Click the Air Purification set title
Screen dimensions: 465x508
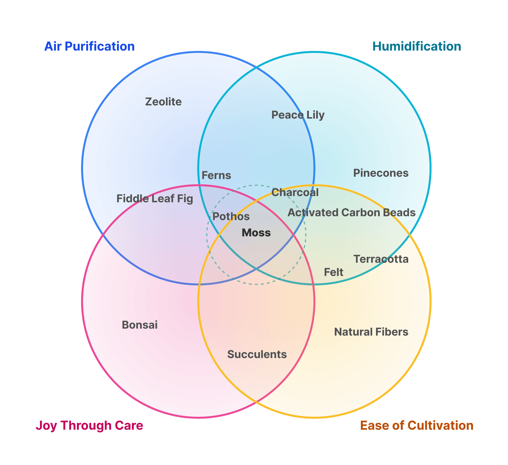coord(89,46)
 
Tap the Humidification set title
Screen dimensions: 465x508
coord(417,46)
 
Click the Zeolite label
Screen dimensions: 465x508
coord(163,102)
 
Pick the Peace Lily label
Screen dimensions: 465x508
coord(298,115)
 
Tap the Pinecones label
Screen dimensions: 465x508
coord(381,173)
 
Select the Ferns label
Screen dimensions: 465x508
coord(216,175)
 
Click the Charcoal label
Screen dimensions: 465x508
coord(295,192)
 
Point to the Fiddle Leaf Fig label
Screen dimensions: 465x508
coord(155,199)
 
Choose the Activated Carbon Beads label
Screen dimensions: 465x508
coord(351,213)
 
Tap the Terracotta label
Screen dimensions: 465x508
coord(381,259)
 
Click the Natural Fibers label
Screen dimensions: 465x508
coord(371,332)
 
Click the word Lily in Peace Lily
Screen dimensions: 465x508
coord(315,115)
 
